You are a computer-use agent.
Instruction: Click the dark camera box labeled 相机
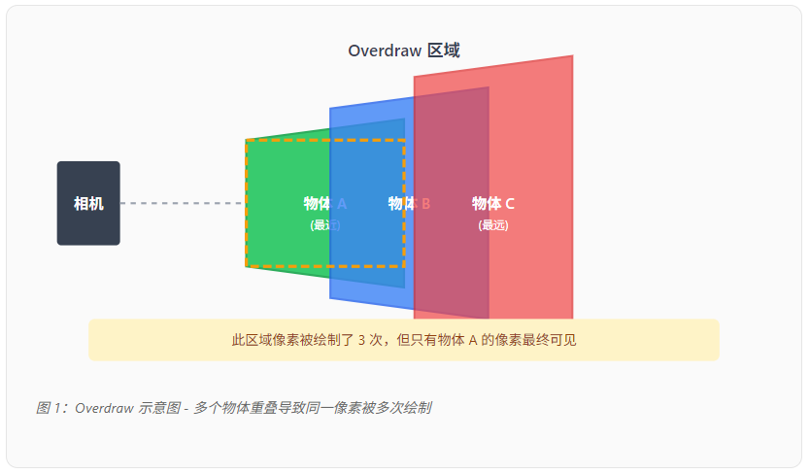click(x=88, y=203)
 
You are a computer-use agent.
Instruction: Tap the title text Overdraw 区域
click(x=403, y=51)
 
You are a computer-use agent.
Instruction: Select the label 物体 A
click(x=324, y=203)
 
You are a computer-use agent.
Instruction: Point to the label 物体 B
click(x=409, y=203)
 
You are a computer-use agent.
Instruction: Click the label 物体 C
click(x=493, y=203)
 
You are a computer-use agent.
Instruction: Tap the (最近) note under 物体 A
click(x=324, y=225)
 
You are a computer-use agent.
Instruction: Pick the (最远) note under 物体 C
click(x=493, y=225)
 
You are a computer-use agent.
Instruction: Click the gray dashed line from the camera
click(x=183, y=203)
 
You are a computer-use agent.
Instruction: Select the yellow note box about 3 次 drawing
click(x=403, y=340)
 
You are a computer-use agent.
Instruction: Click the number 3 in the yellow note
click(x=362, y=341)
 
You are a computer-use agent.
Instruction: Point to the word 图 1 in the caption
click(x=49, y=408)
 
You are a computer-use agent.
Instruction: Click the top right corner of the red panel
click(x=571, y=57)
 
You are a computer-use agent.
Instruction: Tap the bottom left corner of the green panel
click(x=247, y=265)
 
